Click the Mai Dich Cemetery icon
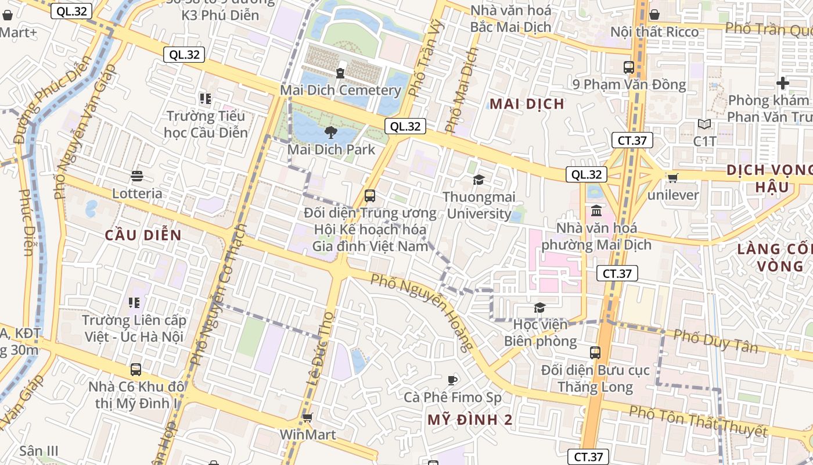point(340,73)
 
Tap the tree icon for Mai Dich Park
point(331,132)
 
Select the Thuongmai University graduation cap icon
point(479,180)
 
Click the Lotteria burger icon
point(137,176)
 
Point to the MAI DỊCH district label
point(527,104)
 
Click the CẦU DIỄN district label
point(143,235)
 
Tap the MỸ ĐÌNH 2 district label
point(470,420)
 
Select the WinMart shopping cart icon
point(308,417)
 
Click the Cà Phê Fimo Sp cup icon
point(452,380)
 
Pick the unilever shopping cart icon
point(672,178)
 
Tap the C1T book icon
point(704,124)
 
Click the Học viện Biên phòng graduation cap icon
point(540,307)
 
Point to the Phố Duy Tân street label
point(715,341)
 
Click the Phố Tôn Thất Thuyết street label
point(698,421)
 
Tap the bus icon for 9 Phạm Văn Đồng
point(629,67)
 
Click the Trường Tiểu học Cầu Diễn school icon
point(205,98)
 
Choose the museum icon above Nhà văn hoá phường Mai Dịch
point(596,210)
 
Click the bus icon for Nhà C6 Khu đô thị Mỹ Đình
point(136,369)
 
